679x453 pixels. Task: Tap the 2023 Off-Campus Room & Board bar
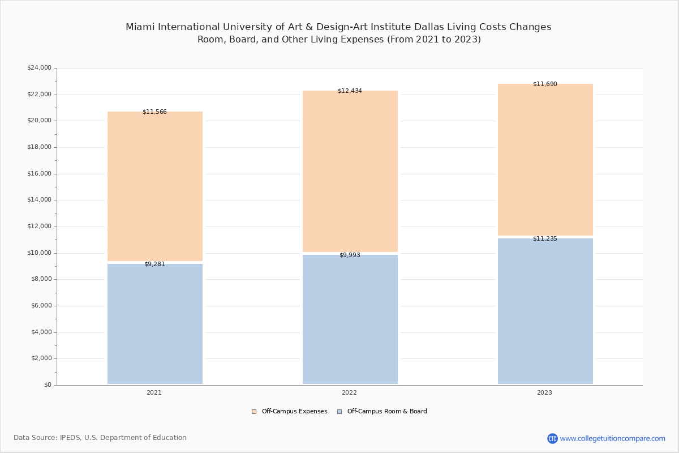pos(545,311)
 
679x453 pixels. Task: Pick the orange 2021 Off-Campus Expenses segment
pos(154,186)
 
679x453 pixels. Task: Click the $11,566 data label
pos(154,112)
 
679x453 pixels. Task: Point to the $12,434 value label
pos(350,91)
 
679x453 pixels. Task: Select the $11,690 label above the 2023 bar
pos(545,84)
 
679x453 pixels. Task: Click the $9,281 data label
pos(154,264)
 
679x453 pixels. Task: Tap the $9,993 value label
pos(350,255)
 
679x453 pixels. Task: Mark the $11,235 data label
pos(545,239)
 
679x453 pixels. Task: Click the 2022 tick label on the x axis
pos(349,393)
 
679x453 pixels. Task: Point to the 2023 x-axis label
pos(544,393)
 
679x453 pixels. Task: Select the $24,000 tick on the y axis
pos(39,68)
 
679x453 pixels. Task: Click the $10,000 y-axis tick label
pos(39,253)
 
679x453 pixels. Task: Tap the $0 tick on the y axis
pos(47,385)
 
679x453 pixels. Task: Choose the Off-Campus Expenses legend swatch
pos(254,412)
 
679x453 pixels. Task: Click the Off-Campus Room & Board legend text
pos(387,412)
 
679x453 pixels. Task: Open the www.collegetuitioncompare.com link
pos(612,438)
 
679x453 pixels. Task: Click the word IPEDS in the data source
pos(70,438)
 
